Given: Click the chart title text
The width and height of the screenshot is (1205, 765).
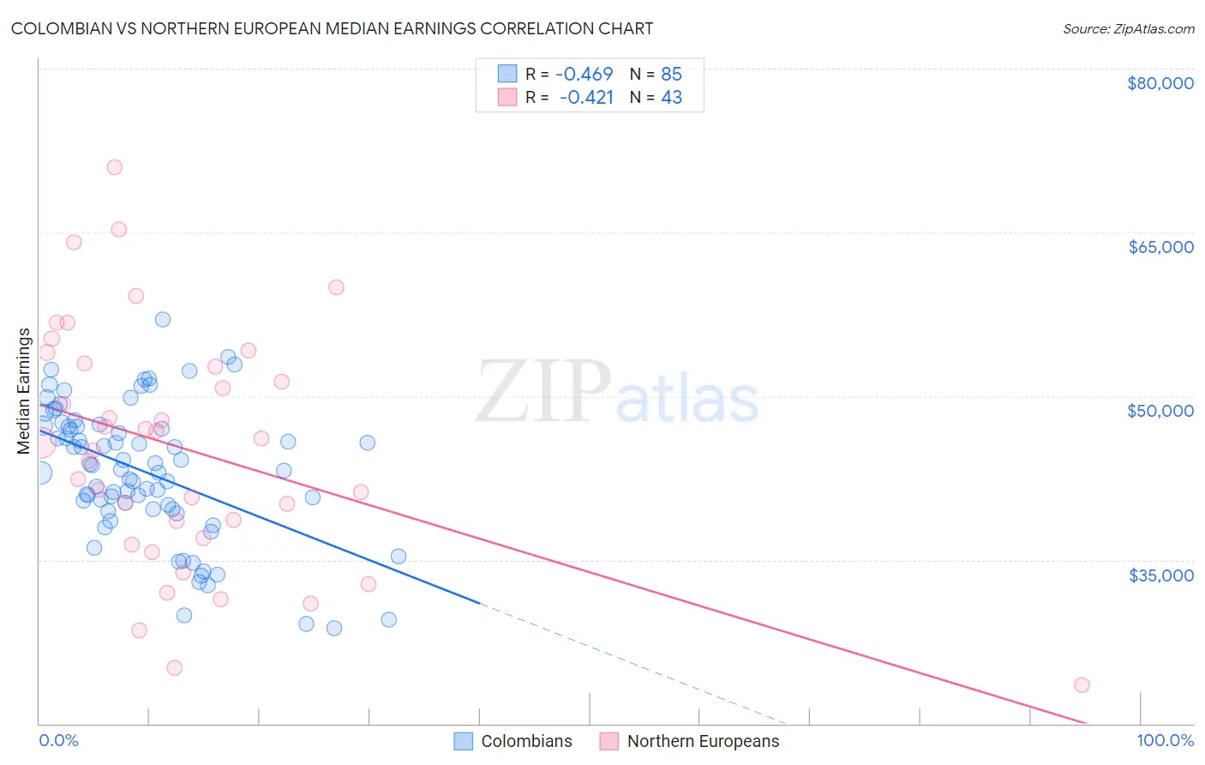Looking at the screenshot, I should click(x=332, y=28).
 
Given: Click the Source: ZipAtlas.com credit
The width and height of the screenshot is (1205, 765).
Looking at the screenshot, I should click(x=1128, y=28).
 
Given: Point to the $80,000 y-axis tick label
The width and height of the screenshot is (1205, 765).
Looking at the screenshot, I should click(x=1160, y=83).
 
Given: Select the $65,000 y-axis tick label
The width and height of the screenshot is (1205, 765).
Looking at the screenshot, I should click(x=1160, y=247).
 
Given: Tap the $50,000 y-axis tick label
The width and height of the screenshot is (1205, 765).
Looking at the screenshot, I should click(x=1160, y=411).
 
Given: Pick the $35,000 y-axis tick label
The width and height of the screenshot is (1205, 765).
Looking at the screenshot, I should click(x=1160, y=575).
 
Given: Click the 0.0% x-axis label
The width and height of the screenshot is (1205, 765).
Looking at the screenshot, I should click(x=58, y=740).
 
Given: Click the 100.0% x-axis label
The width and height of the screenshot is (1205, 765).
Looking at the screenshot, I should click(x=1165, y=740).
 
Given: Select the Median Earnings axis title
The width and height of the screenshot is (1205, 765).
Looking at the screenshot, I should click(x=24, y=391).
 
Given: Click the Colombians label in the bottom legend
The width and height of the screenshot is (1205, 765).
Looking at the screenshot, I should click(x=526, y=741).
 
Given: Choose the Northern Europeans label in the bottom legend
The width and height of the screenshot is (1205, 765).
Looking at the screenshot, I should click(x=703, y=741).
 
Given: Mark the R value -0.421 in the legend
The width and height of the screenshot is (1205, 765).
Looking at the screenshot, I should click(x=586, y=97).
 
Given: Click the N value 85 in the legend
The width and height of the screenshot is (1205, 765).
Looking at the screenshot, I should click(x=671, y=74).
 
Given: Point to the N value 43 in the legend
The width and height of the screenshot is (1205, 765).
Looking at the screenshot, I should click(x=671, y=97).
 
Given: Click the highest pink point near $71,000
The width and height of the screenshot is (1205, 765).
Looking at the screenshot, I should click(x=114, y=167).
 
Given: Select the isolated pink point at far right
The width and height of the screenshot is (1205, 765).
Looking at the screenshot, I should click(x=1082, y=684).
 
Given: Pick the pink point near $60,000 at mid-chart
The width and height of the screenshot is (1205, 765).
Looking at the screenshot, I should click(x=336, y=287).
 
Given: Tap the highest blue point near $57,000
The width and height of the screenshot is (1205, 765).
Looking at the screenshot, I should click(x=162, y=319).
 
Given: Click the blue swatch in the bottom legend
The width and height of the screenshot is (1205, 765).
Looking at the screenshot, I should click(x=464, y=741).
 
